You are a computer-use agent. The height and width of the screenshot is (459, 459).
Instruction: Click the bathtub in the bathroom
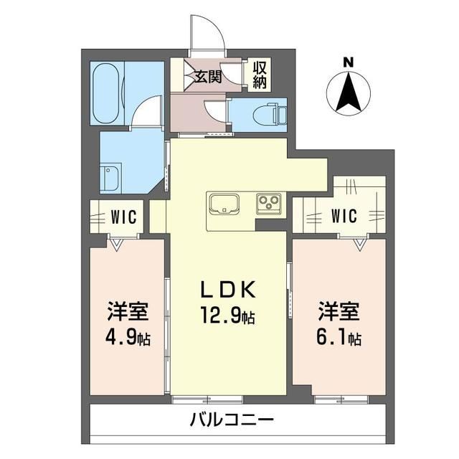tap(106, 93)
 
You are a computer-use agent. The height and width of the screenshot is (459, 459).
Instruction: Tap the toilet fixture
tap(269, 115)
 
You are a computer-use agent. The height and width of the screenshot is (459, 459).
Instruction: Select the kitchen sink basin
tap(224, 204)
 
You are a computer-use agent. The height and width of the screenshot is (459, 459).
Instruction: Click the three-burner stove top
tap(269, 204)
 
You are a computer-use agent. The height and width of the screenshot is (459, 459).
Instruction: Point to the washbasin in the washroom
tap(110, 179)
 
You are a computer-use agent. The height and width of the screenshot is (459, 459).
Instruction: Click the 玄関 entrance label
tap(208, 77)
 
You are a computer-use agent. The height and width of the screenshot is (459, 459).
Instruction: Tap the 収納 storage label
tap(260, 75)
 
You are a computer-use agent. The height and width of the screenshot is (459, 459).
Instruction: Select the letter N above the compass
tap(349, 62)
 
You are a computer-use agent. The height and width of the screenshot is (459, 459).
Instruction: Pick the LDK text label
tap(227, 289)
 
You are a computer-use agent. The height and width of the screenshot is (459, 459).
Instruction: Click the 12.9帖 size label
tap(227, 315)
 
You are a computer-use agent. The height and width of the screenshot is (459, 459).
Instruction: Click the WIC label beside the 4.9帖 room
tap(124, 217)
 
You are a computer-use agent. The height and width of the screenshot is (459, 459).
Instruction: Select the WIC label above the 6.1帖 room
tap(344, 216)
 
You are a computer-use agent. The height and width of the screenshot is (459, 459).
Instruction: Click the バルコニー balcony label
tap(232, 420)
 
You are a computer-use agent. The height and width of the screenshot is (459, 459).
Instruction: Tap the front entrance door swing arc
tap(217, 27)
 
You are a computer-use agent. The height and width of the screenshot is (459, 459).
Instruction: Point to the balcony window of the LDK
tap(207, 399)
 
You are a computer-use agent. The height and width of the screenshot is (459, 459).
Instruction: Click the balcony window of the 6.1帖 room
tap(341, 399)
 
